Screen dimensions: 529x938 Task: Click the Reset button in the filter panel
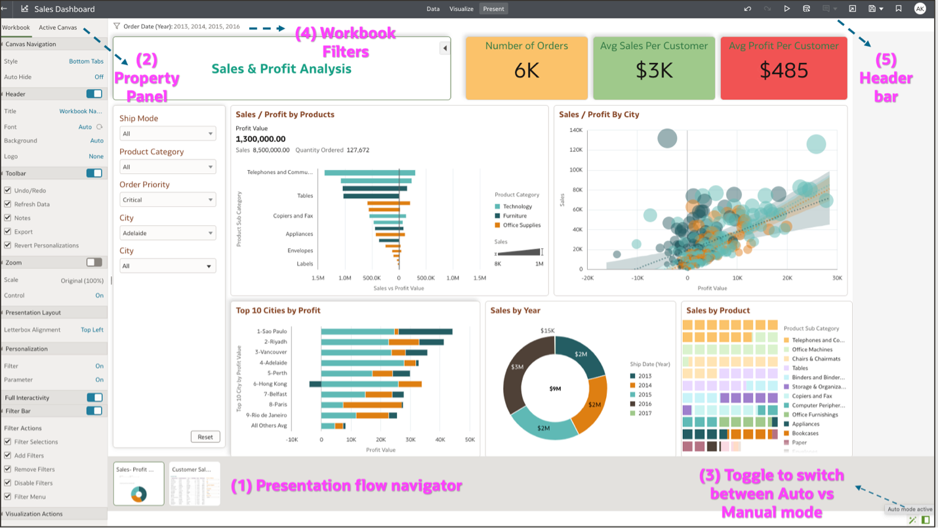[205, 437]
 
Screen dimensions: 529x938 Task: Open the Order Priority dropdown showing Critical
[167, 200]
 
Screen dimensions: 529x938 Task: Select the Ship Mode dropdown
[167, 134]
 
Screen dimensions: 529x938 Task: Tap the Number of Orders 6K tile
[526, 68]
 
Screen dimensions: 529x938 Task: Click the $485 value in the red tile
[783, 70]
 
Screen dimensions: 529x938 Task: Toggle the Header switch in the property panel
[94, 94]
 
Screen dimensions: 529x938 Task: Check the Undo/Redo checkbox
[8, 190]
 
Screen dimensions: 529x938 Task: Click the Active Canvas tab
[58, 28]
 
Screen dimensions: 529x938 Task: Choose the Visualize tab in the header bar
[461, 9]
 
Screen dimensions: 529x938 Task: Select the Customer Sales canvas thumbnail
[195, 484]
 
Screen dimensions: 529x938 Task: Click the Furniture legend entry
[514, 216]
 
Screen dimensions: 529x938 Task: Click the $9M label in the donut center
[555, 389]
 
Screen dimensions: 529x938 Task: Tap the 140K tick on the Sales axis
[575, 130]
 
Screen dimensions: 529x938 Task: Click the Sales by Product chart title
[718, 310]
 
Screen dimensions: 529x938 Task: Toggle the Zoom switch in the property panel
[94, 262]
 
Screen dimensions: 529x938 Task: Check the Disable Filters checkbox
[8, 483]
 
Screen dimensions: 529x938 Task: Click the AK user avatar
[920, 9]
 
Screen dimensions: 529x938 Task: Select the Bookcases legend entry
[805, 433]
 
